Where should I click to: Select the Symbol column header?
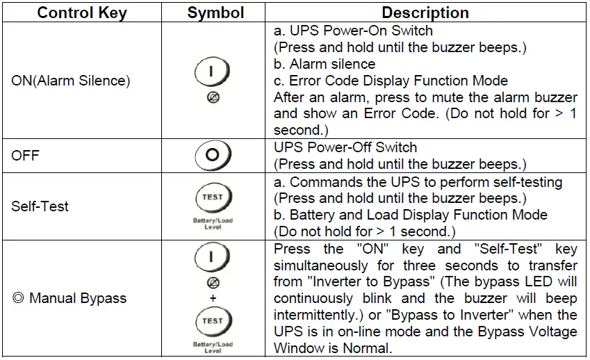click(x=215, y=13)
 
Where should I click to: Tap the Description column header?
click(x=425, y=13)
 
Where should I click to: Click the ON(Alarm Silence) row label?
click(x=71, y=81)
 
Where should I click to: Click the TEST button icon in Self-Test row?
click(x=213, y=197)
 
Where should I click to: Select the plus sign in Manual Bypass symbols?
click(x=213, y=297)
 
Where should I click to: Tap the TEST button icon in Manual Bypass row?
click(x=213, y=322)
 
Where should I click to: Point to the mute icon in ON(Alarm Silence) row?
click(x=213, y=97)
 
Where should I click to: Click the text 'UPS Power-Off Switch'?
click(x=345, y=147)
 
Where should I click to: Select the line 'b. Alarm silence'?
click(x=324, y=64)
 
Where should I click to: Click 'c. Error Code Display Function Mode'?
click(x=391, y=81)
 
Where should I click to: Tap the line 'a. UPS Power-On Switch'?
click(x=353, y=31)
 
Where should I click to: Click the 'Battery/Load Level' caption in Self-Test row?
click(x=213, y=223)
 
